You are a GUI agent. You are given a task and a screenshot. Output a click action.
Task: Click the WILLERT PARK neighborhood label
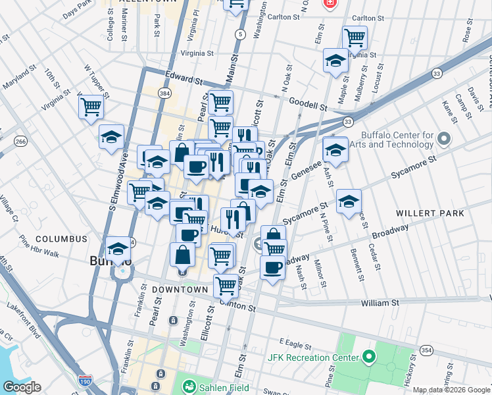click(x=430, y=213)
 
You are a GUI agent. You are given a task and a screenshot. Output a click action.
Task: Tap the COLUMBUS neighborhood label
click(x=61, y=239)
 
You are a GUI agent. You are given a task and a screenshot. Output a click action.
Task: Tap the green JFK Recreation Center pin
click(x=368, y=358)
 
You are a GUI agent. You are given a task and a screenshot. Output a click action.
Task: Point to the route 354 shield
click(x=427, y=351)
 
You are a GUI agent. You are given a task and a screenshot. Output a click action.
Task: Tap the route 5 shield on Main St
click(x=241, y=34)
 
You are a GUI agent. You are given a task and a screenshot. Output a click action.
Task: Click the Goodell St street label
click(x=308, y=105)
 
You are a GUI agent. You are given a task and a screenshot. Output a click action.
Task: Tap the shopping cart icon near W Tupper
click(x=91, y=107)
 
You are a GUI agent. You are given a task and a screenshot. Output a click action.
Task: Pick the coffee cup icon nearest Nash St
click(x=272, y=267)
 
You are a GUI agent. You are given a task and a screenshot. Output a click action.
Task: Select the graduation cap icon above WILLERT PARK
click(x=348, y=201)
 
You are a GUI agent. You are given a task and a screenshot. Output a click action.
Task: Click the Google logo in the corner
click(x=22, y=387)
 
